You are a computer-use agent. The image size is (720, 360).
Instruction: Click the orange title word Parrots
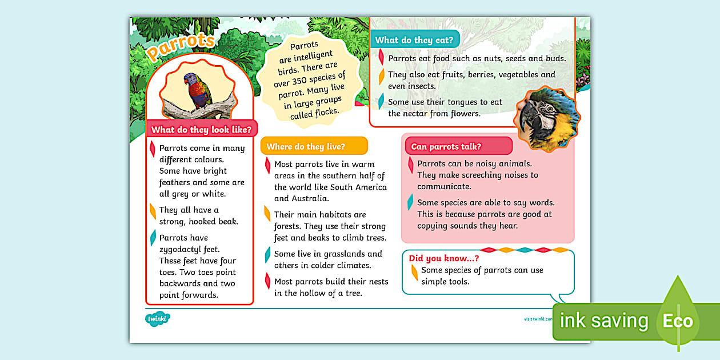click(181, 46)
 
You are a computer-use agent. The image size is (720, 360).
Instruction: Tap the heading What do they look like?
click(201, 130)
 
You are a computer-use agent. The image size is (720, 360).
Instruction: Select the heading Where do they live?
click(306, 147)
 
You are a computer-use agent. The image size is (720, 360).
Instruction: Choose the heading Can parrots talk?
click(446, 147)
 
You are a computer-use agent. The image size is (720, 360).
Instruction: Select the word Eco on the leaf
click(678, 321)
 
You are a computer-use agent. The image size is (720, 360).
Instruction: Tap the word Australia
click(309, 199)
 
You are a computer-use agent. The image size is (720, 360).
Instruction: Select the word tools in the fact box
click(457, 282)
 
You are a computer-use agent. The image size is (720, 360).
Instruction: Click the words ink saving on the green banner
click(604, 321)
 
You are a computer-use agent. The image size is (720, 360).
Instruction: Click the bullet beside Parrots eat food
click(381, 57)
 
